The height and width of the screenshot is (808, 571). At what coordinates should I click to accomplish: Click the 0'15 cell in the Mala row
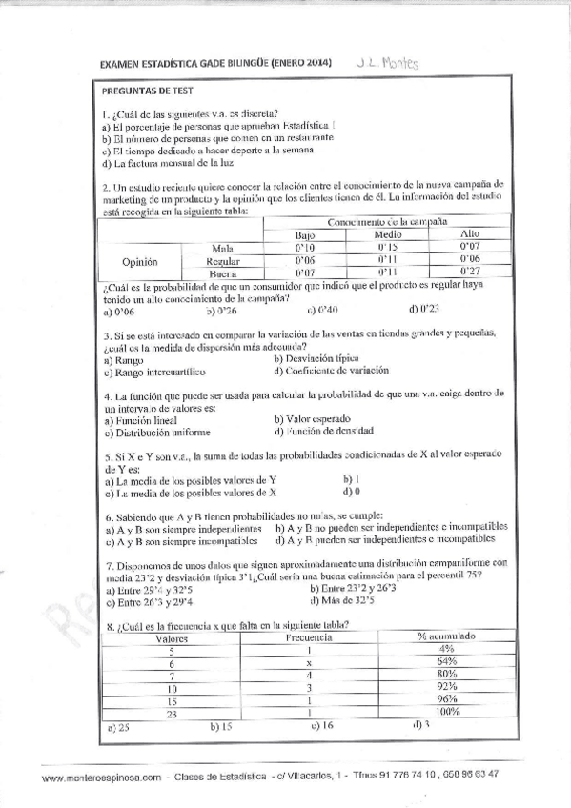[386, 247]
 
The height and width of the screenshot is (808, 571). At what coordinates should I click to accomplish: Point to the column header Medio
[387, 233]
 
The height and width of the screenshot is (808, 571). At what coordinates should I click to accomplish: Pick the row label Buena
[222, 273]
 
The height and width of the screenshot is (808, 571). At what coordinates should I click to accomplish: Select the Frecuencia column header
[308, 636]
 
